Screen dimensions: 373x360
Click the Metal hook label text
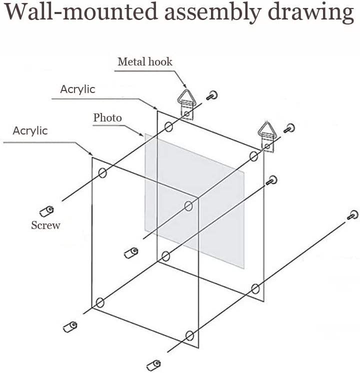pos(144,61)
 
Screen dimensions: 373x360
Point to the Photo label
pos(107,117)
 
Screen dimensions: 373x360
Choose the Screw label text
pos(45,225)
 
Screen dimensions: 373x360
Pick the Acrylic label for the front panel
pos(30,130)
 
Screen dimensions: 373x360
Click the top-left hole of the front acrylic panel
pos(102,173)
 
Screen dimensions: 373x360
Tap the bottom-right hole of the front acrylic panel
pos(189,335)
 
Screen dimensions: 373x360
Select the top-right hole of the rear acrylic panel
pos(253,156)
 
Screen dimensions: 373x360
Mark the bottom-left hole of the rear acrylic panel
pos(166,257)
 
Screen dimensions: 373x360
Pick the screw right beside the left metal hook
pos(213,94)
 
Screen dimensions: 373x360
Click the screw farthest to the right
pos(353,215)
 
